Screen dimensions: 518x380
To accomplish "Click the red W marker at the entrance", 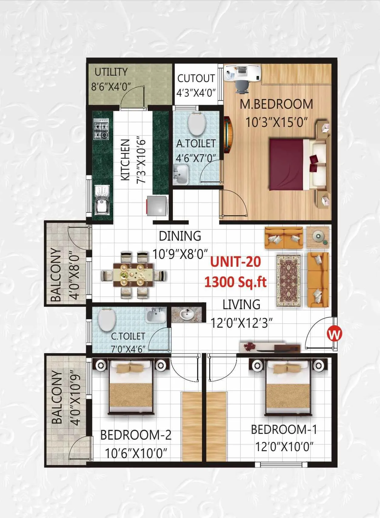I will [x=334, y=334].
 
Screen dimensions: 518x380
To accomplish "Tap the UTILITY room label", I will [x=111, y=72].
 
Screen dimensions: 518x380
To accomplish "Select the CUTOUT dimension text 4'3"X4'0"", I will [x=196, y=93].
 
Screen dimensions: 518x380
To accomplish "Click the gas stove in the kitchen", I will [x=101, y=129].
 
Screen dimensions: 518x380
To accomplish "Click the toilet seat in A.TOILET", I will [x=197, y=124].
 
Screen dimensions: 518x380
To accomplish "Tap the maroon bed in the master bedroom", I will [x=287, y=164].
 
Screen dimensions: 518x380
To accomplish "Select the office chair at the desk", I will [x=242, y=85].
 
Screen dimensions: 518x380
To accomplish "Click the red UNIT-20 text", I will [x=236, y=262].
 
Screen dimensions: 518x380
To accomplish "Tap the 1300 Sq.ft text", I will [x=236, y=282].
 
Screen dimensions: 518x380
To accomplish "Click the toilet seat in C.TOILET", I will [x=107, y=320].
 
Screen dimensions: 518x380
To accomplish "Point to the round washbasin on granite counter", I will [x=186, y=314].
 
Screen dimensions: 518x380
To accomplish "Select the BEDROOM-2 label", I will [x=136, y=435].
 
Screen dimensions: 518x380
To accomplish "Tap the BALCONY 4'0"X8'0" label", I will [x=65, y=274].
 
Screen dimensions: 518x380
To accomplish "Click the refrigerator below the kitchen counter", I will [x=156, y=205].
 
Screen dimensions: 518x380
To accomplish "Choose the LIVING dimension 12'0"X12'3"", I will [x=241, y=323].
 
